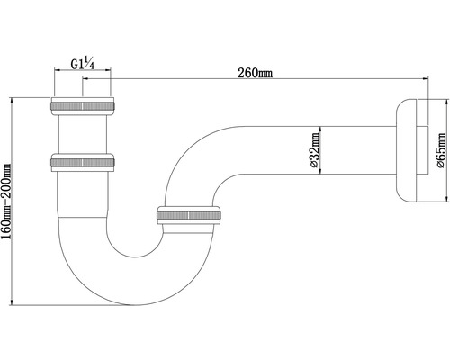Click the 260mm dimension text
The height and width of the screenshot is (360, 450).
click(256, 72)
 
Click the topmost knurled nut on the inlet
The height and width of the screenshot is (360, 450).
click(82, 105)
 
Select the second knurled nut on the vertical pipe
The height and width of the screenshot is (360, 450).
click(82, 163)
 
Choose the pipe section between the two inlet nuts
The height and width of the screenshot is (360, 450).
click(82, 134)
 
